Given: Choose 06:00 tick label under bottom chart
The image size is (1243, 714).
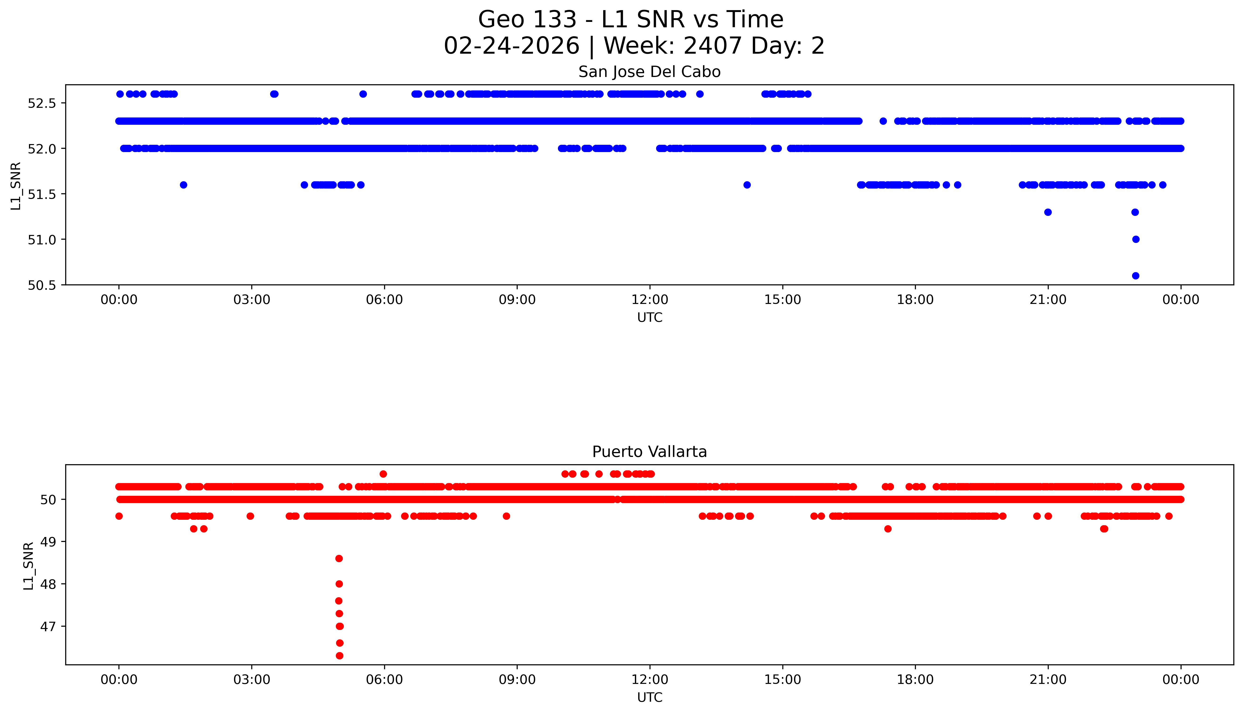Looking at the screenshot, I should tap(384, 680).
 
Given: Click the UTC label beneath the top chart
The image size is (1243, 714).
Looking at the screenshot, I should tap(650, 318).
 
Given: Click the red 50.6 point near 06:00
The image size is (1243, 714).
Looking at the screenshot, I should tap(383, 474).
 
